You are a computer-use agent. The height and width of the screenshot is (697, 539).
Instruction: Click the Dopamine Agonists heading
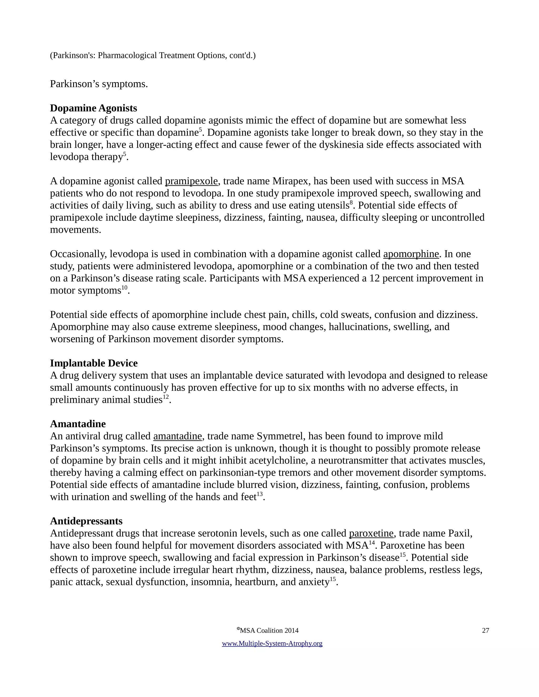point(93,108)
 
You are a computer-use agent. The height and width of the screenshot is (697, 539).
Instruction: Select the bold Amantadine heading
point(78,424)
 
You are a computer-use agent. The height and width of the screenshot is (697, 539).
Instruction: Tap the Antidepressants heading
point(86,521)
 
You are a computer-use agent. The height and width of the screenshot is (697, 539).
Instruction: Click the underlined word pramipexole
point(191,181)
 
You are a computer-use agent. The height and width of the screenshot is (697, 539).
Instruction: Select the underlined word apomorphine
point(411,254)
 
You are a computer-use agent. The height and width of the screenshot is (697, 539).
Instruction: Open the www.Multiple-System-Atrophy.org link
point(272,643)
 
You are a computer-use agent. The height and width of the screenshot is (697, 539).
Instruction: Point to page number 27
point(485,630)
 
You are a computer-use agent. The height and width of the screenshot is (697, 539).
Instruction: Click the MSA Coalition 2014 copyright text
point(268,630)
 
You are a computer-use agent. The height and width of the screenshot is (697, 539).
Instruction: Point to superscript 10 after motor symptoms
point(124,287)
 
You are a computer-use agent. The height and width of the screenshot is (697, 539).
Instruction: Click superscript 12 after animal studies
point(165,397)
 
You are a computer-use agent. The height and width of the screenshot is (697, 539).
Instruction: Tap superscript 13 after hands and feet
point(259,494)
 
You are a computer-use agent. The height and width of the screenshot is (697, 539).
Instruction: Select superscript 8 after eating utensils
point(351,202)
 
